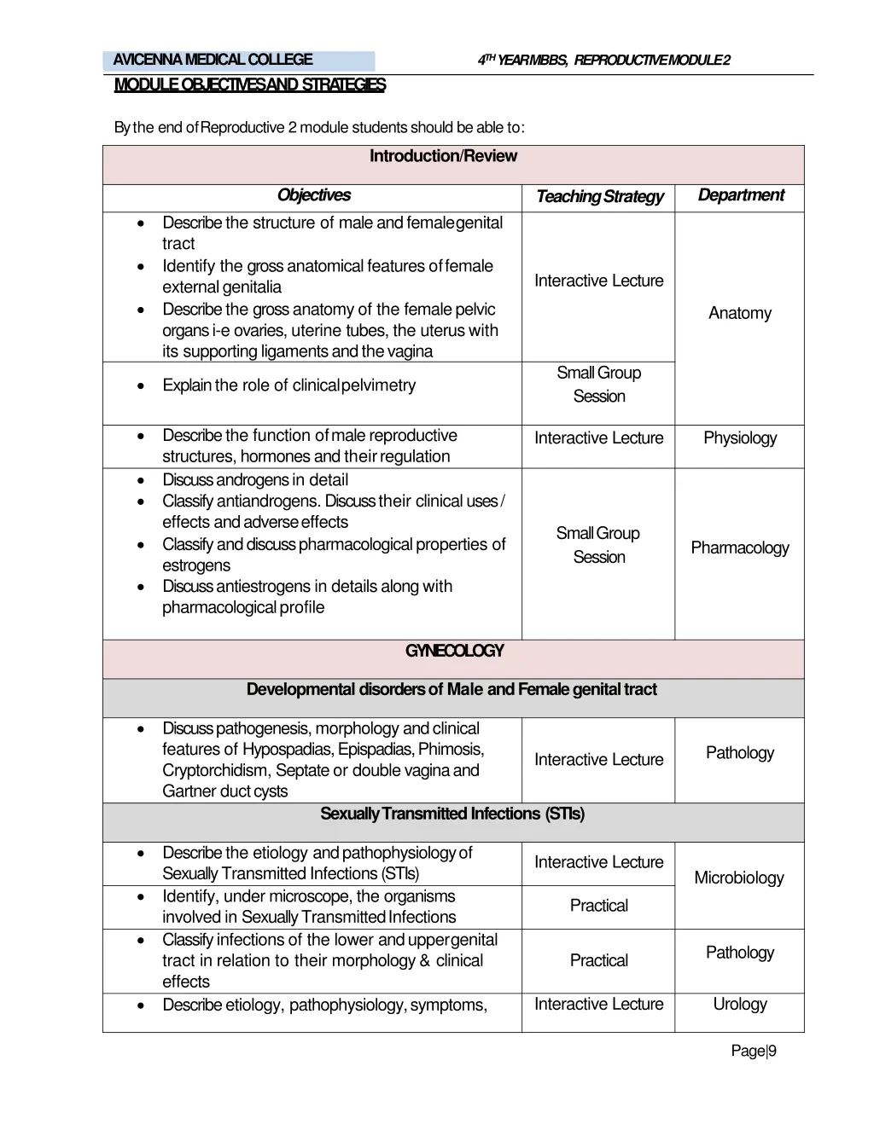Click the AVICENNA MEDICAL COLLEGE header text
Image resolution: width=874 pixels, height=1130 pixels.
coord(213,60)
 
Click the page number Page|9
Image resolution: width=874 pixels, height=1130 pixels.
coord(754,1051)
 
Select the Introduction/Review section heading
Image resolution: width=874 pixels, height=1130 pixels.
coord(443,156)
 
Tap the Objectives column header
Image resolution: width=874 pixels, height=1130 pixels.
coord(313,195)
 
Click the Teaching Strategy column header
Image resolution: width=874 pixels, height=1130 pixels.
coord(599,197)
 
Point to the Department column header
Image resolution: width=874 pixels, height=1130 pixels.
coord(740,195)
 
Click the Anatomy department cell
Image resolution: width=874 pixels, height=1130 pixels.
coord(739,313)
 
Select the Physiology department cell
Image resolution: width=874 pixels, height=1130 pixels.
coord(739,438)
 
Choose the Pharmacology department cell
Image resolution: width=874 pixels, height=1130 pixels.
coord(739,548)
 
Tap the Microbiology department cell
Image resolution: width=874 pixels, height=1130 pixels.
coord(738,878)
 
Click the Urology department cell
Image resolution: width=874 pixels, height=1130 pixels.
coord(739,1004)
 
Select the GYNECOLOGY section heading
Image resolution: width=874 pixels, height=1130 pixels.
coord(454,652)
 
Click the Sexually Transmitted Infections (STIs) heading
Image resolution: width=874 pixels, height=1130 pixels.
coord(452,814)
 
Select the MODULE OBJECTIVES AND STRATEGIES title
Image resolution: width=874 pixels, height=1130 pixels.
coord(249,85)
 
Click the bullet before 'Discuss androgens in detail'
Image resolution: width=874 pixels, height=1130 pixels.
coord(141,480)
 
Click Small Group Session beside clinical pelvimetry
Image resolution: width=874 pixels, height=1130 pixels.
coord(598,385)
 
